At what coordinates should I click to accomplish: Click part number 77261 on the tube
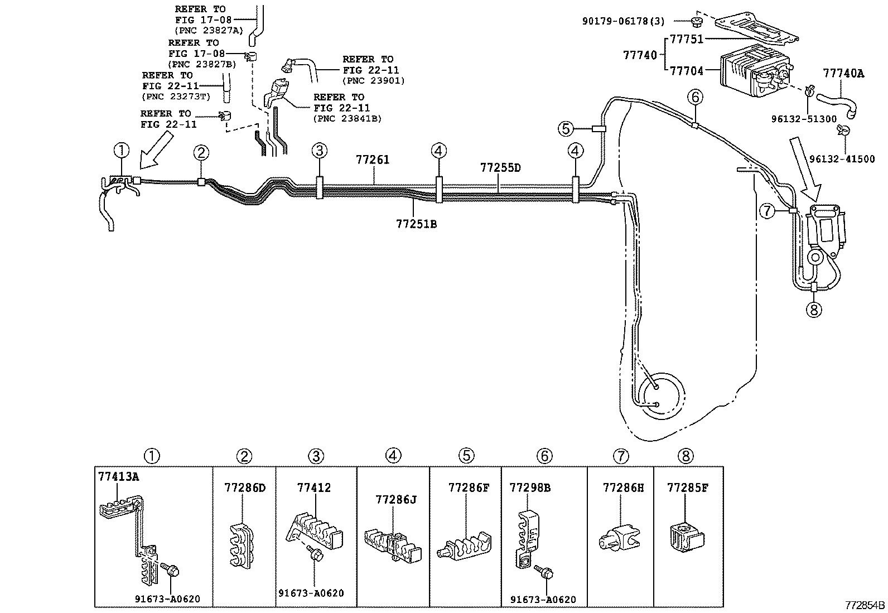point(372,160)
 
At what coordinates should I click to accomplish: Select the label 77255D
point(500,167)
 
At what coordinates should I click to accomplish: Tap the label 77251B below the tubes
point(416,224)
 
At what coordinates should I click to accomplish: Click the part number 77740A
point(843,73)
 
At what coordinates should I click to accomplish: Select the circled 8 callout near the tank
point(813,308)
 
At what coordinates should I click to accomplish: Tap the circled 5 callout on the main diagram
point(566,129)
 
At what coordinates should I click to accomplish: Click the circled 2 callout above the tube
point(201,152)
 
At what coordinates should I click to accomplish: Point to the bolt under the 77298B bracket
point(544,572)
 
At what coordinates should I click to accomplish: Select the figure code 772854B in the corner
point(863,605)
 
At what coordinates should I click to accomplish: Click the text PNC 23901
point(373,81)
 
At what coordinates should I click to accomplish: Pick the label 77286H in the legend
point(622,487)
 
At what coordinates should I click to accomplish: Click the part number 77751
point(686,39)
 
